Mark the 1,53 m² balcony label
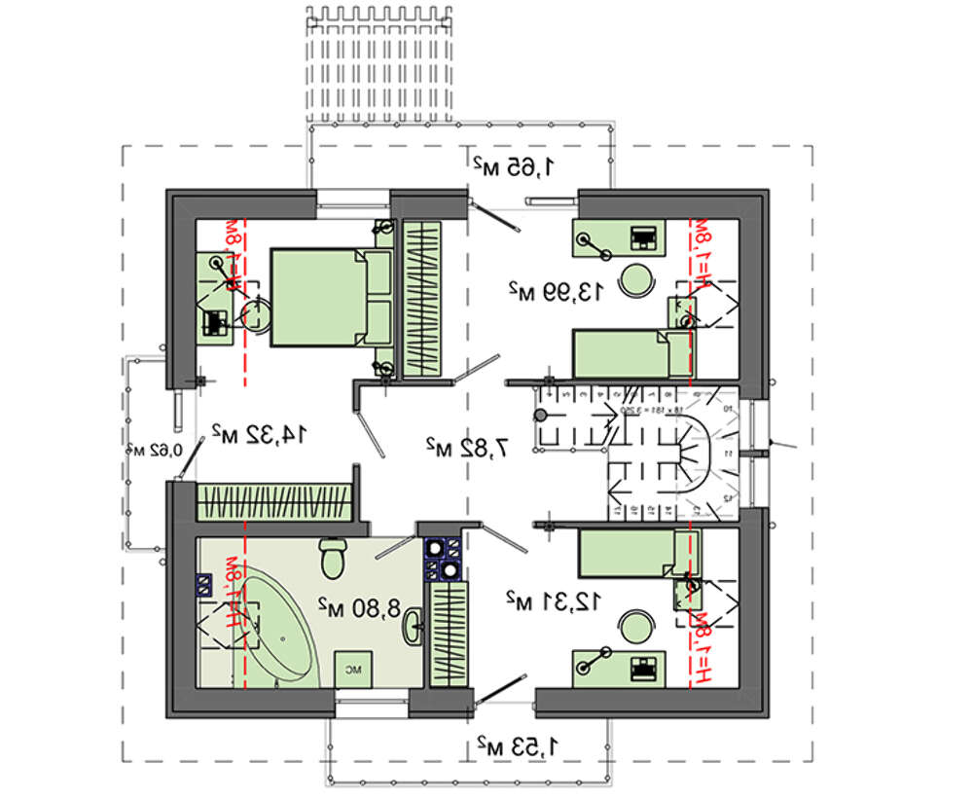[519, 746]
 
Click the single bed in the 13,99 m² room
[629, 353]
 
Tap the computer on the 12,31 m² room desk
[643, 669]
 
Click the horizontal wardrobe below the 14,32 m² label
[274, 503]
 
